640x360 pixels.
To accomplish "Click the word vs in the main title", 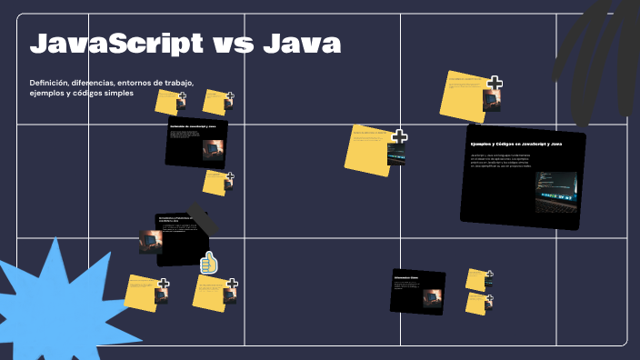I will [234, 43].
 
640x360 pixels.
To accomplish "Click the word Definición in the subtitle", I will [51, 83].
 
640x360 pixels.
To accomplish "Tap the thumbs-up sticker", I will [209, 263].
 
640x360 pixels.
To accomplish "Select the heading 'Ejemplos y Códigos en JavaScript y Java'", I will [515, 145].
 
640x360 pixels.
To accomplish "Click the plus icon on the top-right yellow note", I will [495, 84].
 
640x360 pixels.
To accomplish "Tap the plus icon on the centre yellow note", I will [399, 137].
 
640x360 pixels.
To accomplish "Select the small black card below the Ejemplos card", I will [417, 291].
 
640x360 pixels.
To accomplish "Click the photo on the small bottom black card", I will [432, 297].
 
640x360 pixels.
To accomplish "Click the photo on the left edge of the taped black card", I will [149, 241].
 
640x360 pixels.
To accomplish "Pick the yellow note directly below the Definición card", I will [216, 182].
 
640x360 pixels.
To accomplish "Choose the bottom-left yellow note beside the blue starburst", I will [145, 292].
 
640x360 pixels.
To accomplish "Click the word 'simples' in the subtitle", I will [117, 94].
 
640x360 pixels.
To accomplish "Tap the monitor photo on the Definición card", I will [213, 149].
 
